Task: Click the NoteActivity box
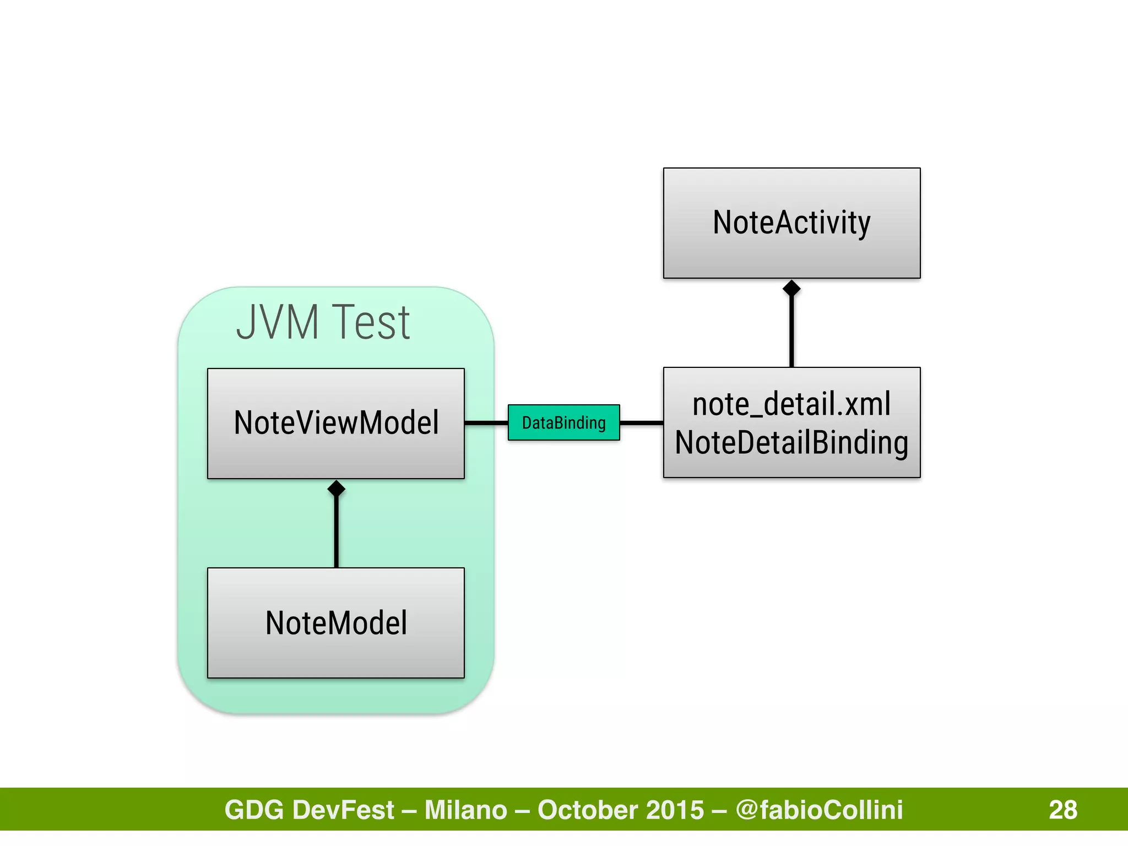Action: point(791,223)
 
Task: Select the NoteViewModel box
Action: point(336,423)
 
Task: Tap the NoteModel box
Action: point(336,623)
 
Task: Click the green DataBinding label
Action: point(563,422)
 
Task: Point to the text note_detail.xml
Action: point(791,404)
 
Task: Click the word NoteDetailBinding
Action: point(791,443)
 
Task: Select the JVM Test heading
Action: point(323,323)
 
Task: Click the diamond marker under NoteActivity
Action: point(791,288)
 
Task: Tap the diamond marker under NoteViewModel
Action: point(336,489)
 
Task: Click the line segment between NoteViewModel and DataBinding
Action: point(486,423)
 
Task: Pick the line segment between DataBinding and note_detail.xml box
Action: point(641,423)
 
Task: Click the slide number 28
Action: point(1062,810)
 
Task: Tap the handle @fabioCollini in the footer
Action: point(819,810)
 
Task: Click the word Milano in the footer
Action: point(465,810)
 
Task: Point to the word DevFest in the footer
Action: point(344,810)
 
